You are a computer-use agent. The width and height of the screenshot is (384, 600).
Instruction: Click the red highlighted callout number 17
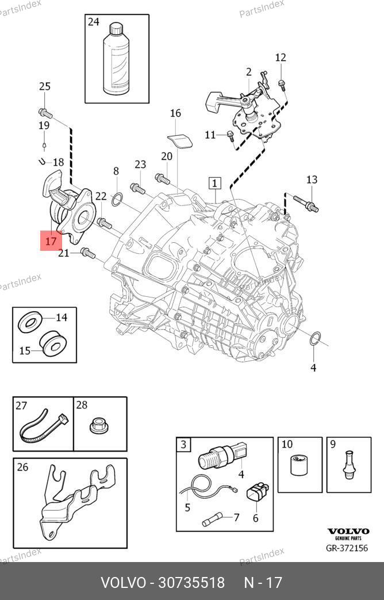51,241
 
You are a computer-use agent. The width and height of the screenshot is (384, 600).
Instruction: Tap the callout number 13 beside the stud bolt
312,180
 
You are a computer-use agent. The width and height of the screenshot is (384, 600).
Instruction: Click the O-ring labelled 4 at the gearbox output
314,339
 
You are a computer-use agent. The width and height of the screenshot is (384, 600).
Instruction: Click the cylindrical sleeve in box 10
298,465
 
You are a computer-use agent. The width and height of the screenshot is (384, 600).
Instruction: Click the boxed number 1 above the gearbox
214,184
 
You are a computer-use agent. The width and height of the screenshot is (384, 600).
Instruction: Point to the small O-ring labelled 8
116,200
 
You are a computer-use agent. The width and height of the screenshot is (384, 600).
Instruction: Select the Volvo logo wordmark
347,532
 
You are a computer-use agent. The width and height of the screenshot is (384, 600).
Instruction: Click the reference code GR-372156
347,548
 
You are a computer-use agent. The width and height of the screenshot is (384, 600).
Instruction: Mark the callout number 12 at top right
281,58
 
